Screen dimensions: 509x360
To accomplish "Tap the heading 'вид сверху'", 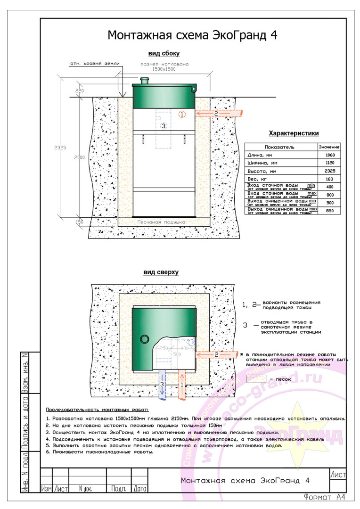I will point(161,272).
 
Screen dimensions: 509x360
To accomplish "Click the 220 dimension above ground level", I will point(79,90).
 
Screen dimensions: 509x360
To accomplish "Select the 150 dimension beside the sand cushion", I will point(79,221).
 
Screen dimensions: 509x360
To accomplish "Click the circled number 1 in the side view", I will point(183,114).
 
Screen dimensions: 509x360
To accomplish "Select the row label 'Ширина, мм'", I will point(264,163).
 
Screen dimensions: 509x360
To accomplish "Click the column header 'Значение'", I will point(329,147).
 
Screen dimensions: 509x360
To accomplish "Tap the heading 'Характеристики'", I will point(293,133).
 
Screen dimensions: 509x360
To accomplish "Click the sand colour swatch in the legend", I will point(256,378).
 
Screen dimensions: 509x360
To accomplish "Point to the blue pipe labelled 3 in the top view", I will point(162,385).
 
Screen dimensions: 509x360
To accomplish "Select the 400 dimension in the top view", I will point(184,348).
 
